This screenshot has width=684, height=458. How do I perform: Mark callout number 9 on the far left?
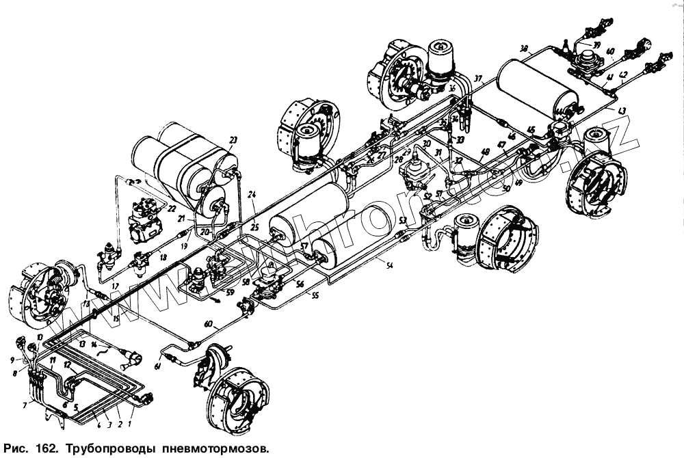pos(12,360)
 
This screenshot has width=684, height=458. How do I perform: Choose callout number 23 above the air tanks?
pos(233,140)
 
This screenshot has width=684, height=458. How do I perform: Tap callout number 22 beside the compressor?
pos(172,209)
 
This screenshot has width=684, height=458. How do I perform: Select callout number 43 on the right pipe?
pos(621,111)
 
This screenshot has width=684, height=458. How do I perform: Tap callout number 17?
pos(115,285)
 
